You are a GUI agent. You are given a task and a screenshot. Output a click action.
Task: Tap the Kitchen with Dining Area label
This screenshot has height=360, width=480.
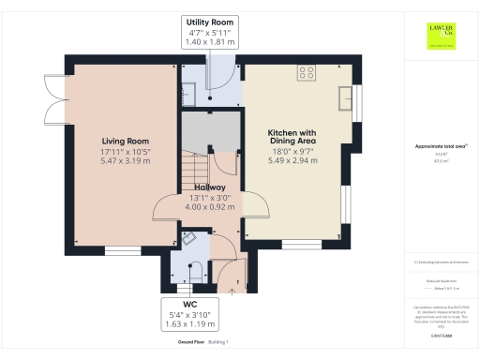pyautogui.click(x=292, y=138)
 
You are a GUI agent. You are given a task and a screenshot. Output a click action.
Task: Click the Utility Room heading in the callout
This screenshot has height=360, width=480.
pyautogui.click(x=210, y=21)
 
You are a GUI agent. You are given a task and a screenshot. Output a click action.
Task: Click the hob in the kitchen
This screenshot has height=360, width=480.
pyautogui.click(x=306, y=71)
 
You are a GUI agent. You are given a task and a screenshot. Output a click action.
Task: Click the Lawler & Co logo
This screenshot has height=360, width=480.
pyautogui.click(x=437, y=34)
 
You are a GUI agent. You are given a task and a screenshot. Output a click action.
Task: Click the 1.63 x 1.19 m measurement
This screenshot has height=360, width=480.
pyautogui.click(x=189, y=325)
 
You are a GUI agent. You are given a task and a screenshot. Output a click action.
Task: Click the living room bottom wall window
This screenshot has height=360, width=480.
pyautogui.click(x=122, y=250)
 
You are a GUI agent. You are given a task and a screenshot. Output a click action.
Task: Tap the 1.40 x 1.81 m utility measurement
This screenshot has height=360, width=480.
pyautogui.click(x=210, y=43)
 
